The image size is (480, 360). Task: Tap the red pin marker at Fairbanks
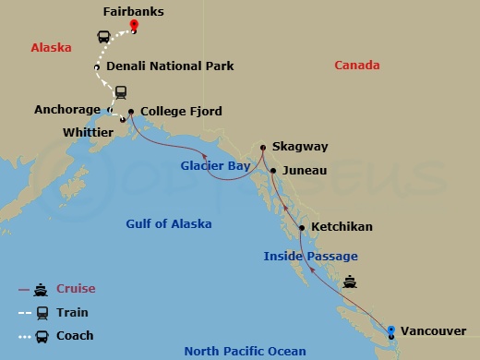coord(134,25)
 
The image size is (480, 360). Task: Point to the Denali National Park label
coord(170,66)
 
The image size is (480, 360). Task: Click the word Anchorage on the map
coord(66,109)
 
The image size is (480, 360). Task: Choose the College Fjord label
coord(181,112)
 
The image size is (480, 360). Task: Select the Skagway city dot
coord(263,147)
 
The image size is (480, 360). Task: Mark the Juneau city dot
coord(273,171)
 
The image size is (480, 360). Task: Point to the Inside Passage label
coord(310,256)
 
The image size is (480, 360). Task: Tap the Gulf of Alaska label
coord(169,223)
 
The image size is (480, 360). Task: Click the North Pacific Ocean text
coord(239,351)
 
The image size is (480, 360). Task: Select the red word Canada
coord(356,66)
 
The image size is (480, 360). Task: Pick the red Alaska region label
coord(51,48)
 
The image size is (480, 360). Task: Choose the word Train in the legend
coord(73,313)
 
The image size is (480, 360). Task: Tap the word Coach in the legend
coord(75,336)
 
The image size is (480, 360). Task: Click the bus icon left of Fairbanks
coord(104,38)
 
